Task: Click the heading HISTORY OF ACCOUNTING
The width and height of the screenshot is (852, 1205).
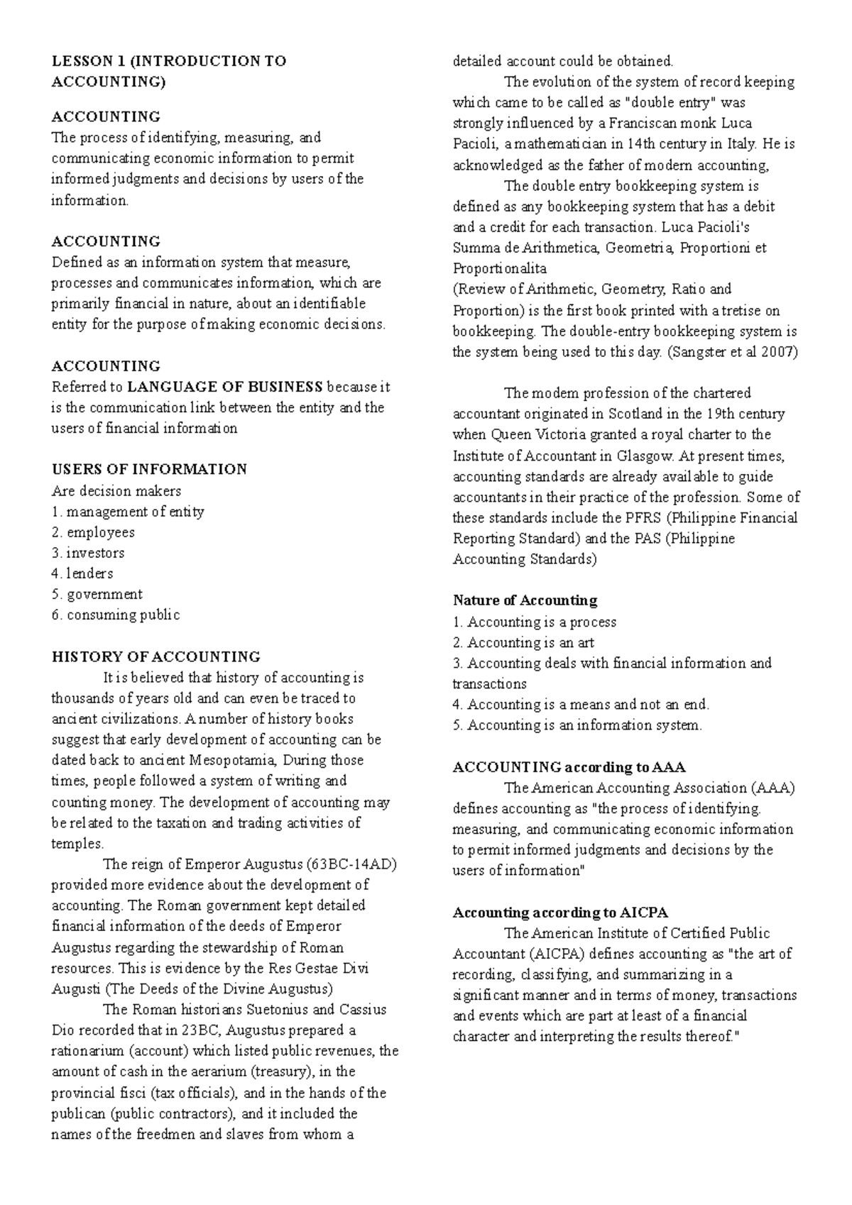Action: coord(156,656)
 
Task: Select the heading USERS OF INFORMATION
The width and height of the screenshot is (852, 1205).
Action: coord(149,469)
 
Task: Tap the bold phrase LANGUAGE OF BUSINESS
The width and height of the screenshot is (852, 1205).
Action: coord(225,387)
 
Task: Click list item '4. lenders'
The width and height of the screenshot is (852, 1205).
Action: coord(82,573)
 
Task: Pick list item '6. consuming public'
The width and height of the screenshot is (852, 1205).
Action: coord(116,615)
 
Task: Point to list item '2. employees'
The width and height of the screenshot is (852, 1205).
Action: coord(93,532)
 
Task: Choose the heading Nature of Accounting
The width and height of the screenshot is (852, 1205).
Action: coord(525,600)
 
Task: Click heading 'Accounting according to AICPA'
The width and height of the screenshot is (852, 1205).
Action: coord(560,913)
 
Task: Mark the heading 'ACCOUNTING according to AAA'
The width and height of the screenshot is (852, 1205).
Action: coord(568,767)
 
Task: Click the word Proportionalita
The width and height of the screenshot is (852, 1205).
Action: coord(500,269)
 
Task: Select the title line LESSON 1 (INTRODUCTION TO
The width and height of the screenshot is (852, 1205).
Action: coord(169,61)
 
